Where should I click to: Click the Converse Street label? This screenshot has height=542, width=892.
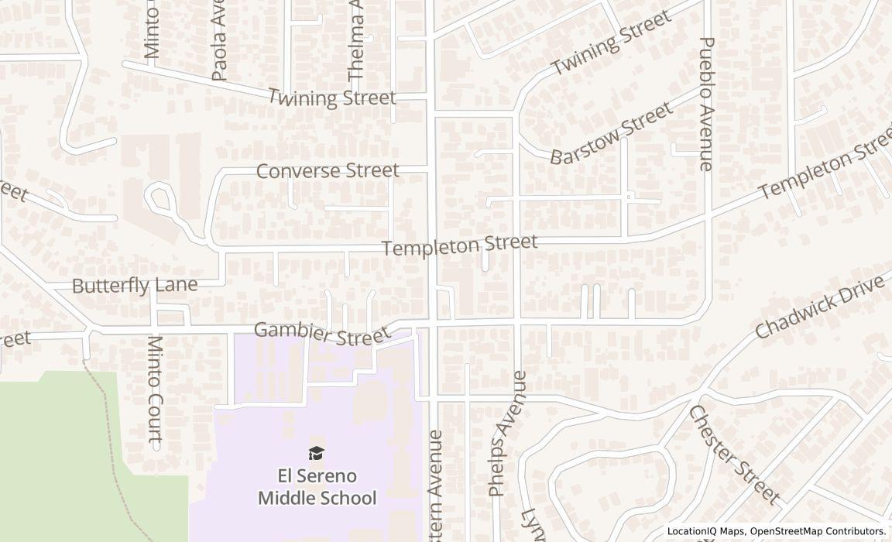tap(328, 170)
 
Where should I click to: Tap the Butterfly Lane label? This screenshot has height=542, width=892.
tap(135, 285)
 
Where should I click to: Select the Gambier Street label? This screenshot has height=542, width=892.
tap(321, 334)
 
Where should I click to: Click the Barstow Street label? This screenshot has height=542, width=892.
tap(612, 134)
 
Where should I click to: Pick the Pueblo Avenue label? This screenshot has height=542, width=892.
tap(705, 104)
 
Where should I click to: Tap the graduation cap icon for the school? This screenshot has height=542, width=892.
tap(317, 453)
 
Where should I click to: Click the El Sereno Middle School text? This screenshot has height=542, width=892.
tap(317, 486)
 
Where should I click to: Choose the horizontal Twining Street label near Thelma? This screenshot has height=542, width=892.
tap(331, 98)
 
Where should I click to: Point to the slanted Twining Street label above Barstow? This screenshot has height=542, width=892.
tap(612, 43)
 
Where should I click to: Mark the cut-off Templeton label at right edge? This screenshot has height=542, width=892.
tap(825, 170)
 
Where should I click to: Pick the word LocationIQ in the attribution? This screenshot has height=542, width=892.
tap(694, 531)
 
